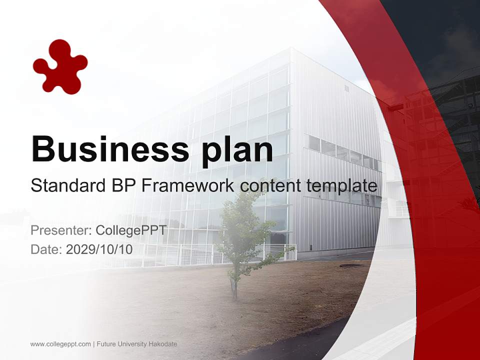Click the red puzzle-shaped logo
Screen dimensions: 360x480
click(x=60, y=67)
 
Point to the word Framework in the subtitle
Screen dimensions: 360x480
click(x=188, y=186)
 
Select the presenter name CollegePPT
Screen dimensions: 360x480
click(x=131, y=230)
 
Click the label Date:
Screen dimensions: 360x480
click(x=46, y=249)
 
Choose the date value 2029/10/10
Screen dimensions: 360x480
click(x=99, y=249)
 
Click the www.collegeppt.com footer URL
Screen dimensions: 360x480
click(x=60, y=344)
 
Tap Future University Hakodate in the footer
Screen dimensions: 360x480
click(x=137, y=344)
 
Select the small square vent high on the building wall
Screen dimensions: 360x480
click(x=346, y=88)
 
